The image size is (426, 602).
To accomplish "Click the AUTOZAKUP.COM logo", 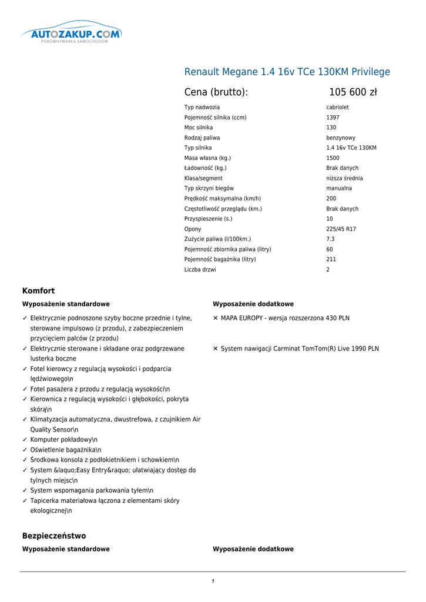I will coord(72,35).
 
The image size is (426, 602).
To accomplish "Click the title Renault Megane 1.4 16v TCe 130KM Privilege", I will coord(287,72).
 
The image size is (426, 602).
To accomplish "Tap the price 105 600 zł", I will coord(353,92).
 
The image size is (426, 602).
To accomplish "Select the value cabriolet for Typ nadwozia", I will coord(337,108).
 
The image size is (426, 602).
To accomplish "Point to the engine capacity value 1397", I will coord(333,118).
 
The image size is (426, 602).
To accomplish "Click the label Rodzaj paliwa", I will coord(202,138).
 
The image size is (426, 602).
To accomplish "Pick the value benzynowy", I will coord(341,138).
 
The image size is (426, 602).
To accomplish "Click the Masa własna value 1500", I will coord(333,158).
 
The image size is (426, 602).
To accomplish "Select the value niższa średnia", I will coord(344,178).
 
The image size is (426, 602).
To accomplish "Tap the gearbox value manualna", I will coord(339,188).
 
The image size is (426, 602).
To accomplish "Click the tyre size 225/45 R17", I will coord(341,229).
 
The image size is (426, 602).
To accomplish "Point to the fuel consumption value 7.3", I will coord(330,239).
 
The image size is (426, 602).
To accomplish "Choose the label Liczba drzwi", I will coord(200,270).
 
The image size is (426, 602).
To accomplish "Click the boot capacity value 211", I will coord(331,259).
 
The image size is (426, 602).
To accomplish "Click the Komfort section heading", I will coord(38,291).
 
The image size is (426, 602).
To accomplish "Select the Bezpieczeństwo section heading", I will coord(54,536).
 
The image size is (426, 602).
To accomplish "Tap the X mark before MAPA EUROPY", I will coord(216,318).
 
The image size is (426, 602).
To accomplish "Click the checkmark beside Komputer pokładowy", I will coord(25,440).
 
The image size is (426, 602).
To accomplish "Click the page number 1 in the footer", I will coord(213,581).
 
